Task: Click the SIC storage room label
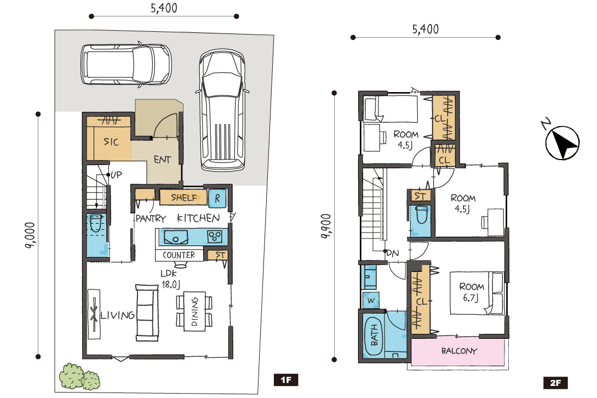(x=111, y=142)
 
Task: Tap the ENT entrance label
(x=163, y=160)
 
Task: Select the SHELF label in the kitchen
(x=184, y=197)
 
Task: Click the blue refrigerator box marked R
(x=217, y=198)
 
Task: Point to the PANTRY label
(x=151, y=218)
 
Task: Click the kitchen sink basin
(x=175, y=237)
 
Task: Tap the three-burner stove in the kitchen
(x=214, y=237)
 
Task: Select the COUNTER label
(x=179, y=255)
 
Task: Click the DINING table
(x=194, y=311)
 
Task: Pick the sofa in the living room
(x=147, y=312)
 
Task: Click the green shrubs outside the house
(x=79, y=377)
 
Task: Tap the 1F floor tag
(x=286, y=380)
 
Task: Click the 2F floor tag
(x=555, y=383)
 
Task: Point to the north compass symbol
(x=562, y=142)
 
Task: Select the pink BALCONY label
(x=459, y=351)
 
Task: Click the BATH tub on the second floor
(x=374, y=336)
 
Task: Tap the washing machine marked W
(x=371, y=300)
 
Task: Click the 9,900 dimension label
(x=326, y=226)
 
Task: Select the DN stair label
(x=393, y=253)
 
